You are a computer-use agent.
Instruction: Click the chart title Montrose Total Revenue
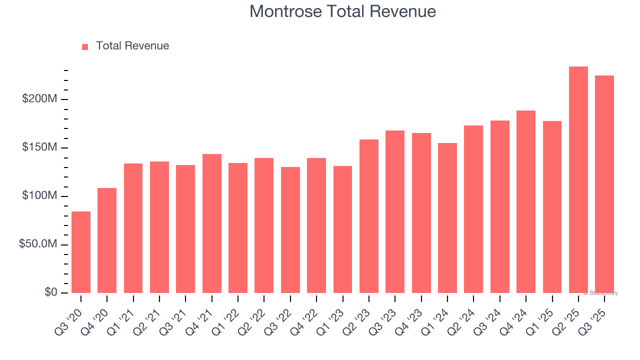pyautogui.click(x=342, y=11)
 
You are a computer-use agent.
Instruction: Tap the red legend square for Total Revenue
pyautogui.click(x=85, y=46)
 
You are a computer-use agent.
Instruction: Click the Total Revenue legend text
pyautogui.click(x=132, y=46)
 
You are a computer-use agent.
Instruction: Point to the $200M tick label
pyautogui.click(x=39, y=99)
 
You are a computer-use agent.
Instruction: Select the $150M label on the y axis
pyautogui.click(x=39, y=147)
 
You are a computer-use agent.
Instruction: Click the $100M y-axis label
pyautogui.click(x=39, y=195)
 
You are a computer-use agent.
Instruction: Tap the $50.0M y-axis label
pyautogui.click(x=38, y=244)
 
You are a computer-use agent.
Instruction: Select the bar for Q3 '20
pyautogui.click(x=81, y=252)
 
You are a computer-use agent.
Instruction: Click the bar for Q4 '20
pyautogui.click(x=107, y=240)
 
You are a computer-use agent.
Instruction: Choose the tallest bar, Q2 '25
pyautogui.click(x=578, y=180)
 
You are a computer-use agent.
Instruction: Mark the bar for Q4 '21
pyautogui.click(x=212, y=223)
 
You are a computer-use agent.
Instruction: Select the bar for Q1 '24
pyautogui.click(x=447, y=218)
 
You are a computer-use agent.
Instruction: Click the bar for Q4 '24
pyautogui.click(x=526, y=201)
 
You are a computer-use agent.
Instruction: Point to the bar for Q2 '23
pyautogui.click(x=369, y=216)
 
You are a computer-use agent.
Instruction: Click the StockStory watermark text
pyautogui.click(x=600, y=293)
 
